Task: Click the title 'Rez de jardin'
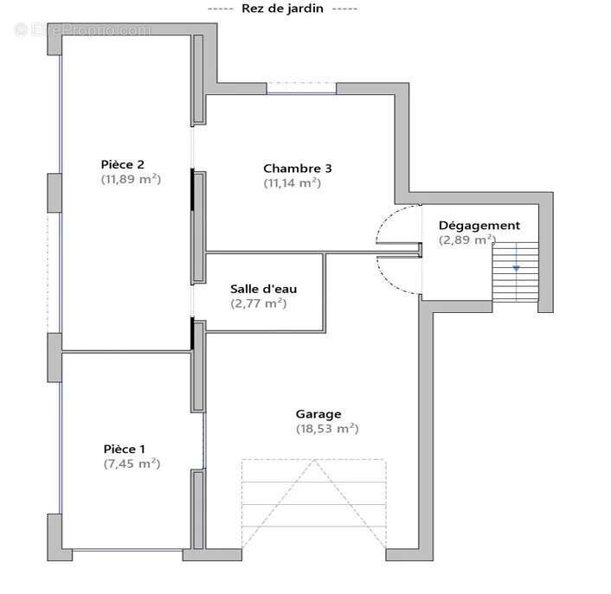click(x=284, y=8)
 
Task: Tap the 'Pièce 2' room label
click(x=122, y=164)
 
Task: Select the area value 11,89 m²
click(x=132, y=180)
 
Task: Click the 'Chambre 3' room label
click(x=297, y=169)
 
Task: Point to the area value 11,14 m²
click(x=292, y=183)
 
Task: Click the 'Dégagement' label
click(x=479, y=226)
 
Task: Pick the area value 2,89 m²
click(x=467, y=240)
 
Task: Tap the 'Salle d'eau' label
click(x=263, y=289)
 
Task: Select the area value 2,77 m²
click(x=258, y=303)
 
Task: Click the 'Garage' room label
click(x=318, y=414)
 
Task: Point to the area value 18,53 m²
click(x=326, y=429)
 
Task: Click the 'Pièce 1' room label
click(x=125, y=449)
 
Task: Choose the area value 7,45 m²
click(x=132, y=463)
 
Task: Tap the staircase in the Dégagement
click(x=515, y=272)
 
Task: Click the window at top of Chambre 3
click(x=301, y=87)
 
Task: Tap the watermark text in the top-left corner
click(x=82, y=30)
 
